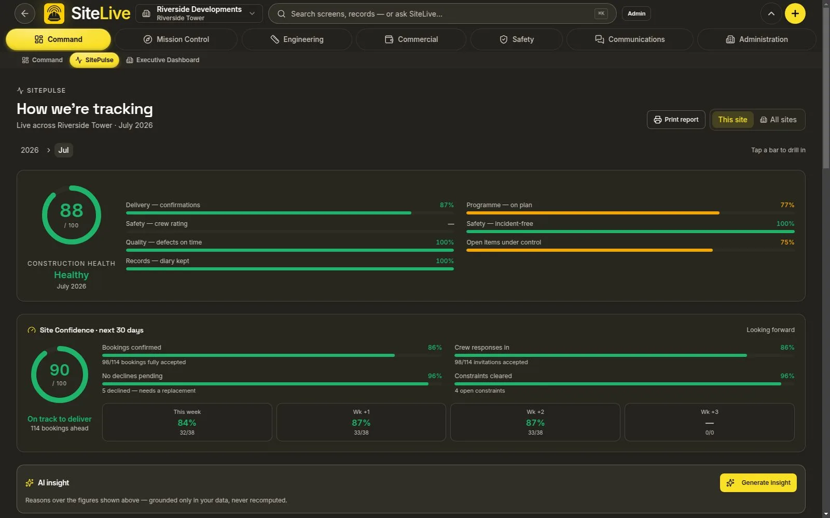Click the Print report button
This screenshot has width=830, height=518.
tap(676, 120)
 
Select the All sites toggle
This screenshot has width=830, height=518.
tap(778, 120)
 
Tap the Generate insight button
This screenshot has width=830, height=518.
tap(758, 482)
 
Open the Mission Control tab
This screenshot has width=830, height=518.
tap(176, 39)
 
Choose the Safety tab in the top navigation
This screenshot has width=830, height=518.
tap(517, 39)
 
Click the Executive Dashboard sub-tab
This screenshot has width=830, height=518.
tap(163, 60)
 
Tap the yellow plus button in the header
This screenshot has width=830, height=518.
tap(795, 13)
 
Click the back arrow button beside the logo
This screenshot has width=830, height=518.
tap(25, 13)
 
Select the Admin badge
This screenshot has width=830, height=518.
tap(636, 13)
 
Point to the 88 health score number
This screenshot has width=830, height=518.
tap(72, 210)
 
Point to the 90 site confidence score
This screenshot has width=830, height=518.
tap(60, 370)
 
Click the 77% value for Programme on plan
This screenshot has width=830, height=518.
tap(787, 205)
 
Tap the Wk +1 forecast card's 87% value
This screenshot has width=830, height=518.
tap(361, 423)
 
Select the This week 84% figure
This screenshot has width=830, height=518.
tap(187, 423)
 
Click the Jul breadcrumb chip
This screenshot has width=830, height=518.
tap(64, 150)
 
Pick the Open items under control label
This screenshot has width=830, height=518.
tap(504, 242)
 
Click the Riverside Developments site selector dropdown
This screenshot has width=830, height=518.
tap(199, 13)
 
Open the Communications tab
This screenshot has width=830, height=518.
tap(630, 39)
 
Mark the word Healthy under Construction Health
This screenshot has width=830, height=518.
tap(72, 275)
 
